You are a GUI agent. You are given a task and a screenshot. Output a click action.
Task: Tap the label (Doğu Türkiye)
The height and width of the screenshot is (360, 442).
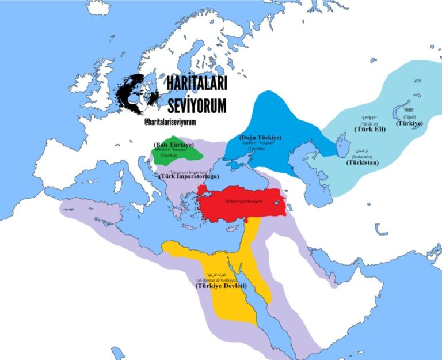259,137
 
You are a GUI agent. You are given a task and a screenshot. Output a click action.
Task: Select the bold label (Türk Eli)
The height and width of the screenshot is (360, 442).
370,129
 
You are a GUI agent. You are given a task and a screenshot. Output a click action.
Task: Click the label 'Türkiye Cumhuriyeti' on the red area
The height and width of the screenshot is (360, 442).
243,201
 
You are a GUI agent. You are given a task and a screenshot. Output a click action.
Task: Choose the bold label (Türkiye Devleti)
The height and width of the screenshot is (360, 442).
221,286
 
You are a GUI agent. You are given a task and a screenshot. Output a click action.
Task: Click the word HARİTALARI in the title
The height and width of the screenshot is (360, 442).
196,84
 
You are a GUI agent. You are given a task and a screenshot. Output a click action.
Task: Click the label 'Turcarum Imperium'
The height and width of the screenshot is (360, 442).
184,171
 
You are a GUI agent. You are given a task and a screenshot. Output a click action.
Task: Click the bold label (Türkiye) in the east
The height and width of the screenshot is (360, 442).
408,123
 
